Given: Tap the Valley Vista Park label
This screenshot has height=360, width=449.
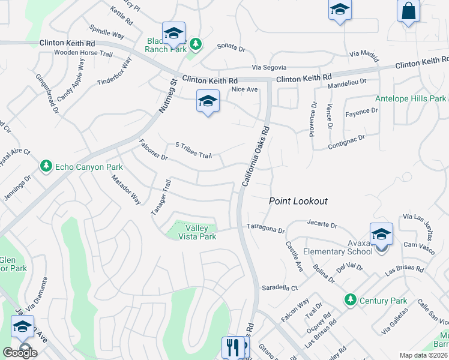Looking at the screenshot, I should [197, 232].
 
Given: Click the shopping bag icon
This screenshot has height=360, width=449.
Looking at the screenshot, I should [408, 11].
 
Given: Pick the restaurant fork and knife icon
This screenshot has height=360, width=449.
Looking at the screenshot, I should [232, 346].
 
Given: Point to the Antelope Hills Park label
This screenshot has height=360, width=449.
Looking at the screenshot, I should [411, 98].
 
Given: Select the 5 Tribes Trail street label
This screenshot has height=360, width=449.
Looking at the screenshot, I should [193, 151].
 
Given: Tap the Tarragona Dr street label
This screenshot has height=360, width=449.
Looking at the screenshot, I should [266, 228].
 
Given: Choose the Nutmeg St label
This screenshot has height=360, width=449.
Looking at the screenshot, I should [167, 98].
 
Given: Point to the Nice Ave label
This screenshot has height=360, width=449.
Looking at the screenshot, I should [244, 89].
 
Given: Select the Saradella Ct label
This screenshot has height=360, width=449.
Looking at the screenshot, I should [279, 288].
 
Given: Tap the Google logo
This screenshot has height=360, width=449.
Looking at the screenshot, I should [20, 352].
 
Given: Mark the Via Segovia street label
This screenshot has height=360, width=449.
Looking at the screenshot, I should [269, 67].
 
